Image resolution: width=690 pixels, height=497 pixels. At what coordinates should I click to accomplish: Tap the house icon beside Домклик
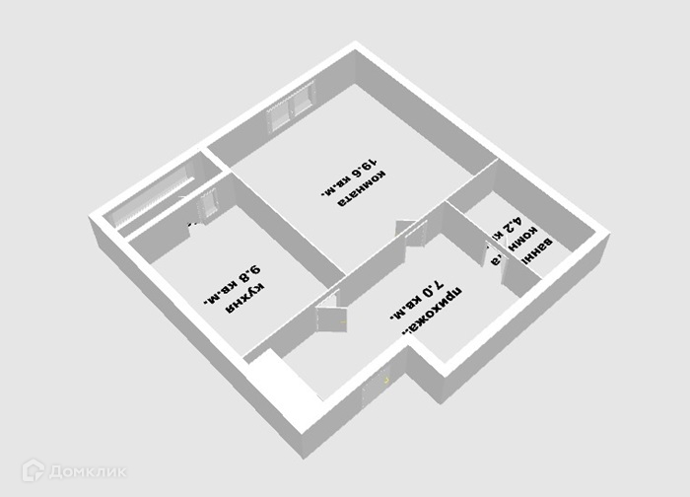(34, 470)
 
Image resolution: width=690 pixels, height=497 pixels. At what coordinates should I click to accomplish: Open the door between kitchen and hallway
(324, 315)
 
